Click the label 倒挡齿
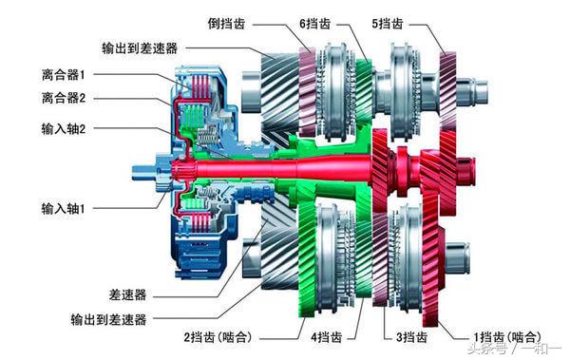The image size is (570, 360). (233, 21)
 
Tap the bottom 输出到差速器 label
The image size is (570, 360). (104, 320)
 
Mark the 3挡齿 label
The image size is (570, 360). (410, 336)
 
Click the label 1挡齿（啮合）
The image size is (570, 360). (506, 336)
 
